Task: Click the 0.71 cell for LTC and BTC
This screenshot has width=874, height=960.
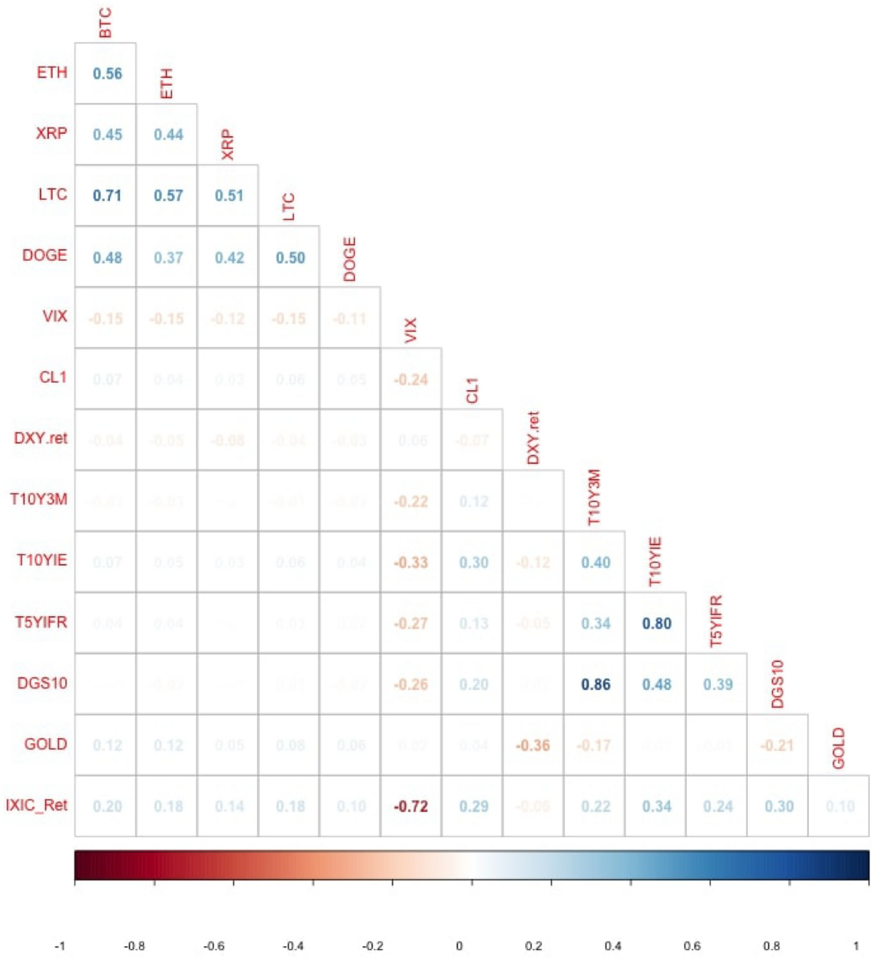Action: coord(107,195)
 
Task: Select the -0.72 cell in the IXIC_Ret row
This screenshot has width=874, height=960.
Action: coord(411,806)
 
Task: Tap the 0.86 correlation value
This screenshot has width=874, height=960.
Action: coord(595,684)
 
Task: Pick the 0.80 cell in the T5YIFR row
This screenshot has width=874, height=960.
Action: coord(656,623)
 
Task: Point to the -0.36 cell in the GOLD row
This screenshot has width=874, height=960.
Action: coord(532,745)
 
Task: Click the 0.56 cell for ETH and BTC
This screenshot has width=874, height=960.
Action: coord(107,74)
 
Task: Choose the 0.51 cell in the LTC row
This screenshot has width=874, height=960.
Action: coord(229,195)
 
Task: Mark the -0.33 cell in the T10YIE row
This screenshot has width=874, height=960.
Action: coord(411,562)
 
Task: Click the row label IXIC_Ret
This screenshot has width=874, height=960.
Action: coord(36,805)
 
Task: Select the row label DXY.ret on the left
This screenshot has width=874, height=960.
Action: coord(41,438)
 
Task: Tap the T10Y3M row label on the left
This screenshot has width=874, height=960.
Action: coord(39,499)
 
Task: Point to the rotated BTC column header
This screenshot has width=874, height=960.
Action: coord(106,23)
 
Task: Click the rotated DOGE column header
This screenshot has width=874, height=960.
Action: coord(350,259)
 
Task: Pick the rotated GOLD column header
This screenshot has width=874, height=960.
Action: coord(838,747)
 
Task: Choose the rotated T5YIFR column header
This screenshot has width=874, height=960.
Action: coord(717,621)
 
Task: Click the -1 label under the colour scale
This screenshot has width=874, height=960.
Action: coord(60,945)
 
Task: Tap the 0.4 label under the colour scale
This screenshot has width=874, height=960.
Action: coord(613,945)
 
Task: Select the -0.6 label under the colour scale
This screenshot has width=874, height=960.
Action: coord(214,945)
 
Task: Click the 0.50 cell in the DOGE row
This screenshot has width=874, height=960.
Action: coord(290,257)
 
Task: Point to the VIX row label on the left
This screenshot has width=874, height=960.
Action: coord(55,316)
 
